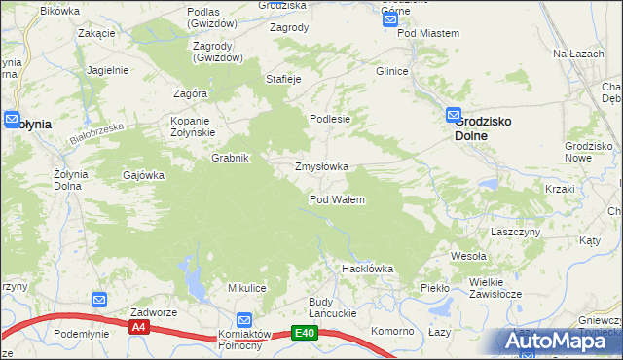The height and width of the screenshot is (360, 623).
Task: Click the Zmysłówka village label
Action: (x=321, y=166)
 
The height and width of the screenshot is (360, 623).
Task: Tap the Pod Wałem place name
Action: (x=337, y=199)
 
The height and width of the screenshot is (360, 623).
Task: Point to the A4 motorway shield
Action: (x=138, y=328)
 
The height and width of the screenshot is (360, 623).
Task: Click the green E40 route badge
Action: (x=305, y=333)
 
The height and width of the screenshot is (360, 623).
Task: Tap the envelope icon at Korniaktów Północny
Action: (x=244, y=319)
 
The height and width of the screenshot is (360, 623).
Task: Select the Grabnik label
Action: (x=232, y=158)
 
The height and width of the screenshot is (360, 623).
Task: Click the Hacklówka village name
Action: (x=366, y=268)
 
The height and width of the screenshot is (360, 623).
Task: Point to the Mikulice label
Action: (x=247, y=288)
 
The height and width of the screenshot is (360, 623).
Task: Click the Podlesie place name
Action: (x=329, y=119)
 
